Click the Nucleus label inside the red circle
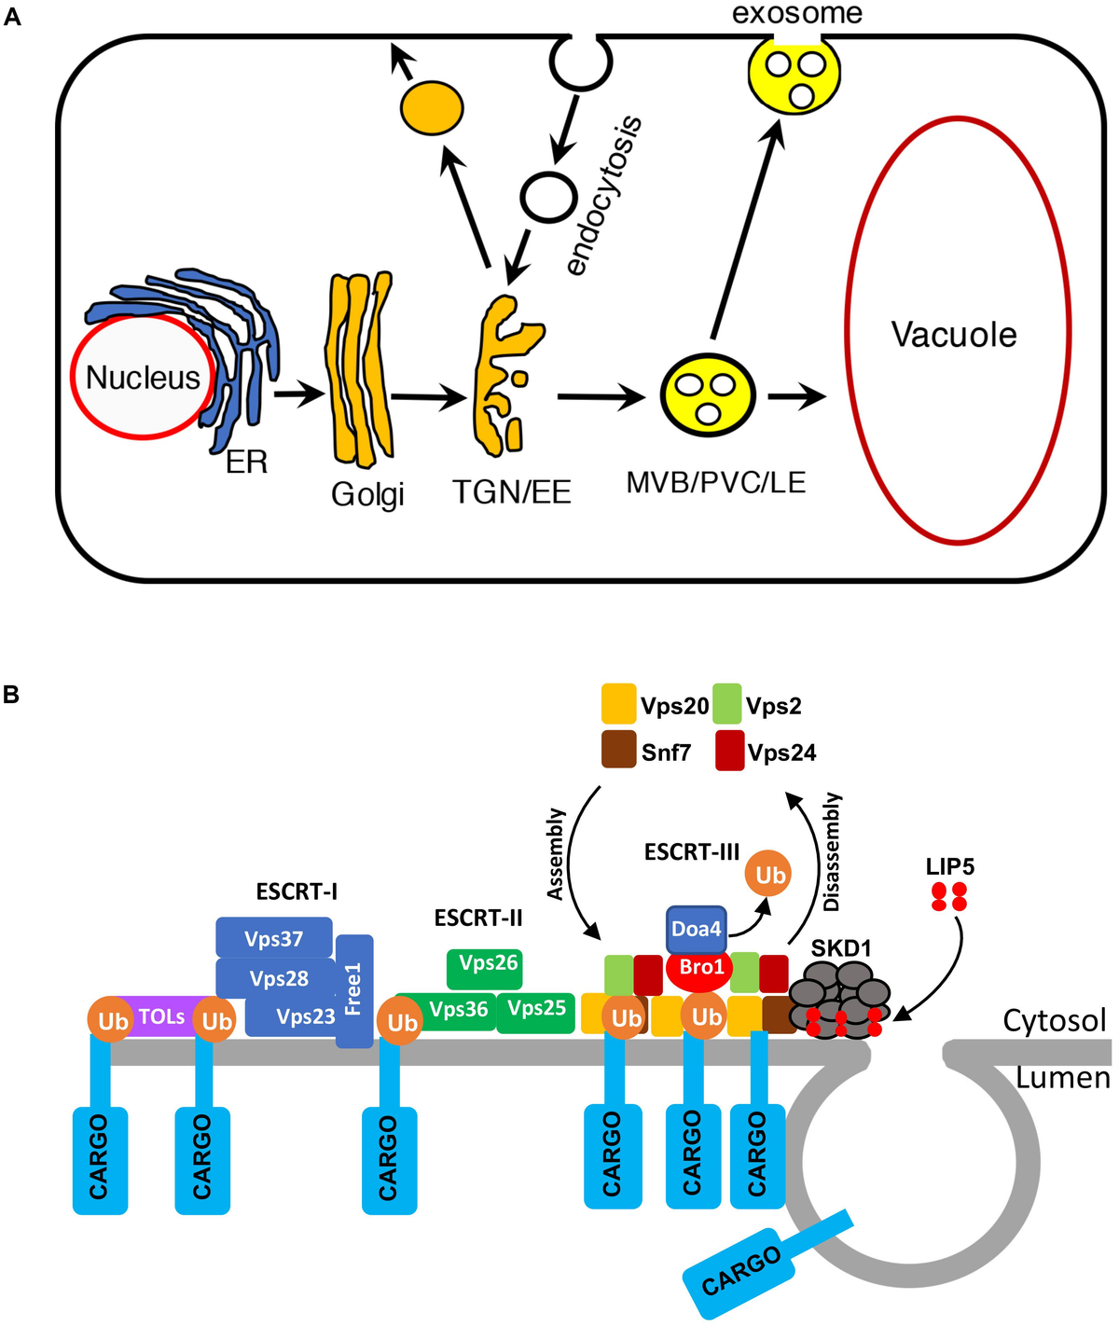click(143, 378)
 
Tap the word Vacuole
click(954, 335)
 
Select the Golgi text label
click(367, 493)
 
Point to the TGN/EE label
click(511, 491)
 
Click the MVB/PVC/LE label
click(715, 482)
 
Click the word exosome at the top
click(796, 13)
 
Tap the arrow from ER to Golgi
click(297, 395)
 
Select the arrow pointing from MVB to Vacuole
click(796, 396)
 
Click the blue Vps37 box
click(273, 938)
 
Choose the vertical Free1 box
click(354, 990)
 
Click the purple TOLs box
click(162, 1016)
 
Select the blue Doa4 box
click(696, 930)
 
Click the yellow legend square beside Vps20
click(618, 705)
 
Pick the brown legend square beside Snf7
click(618, 751)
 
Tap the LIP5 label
click(949, 866)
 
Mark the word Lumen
click(1062, 1079)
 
